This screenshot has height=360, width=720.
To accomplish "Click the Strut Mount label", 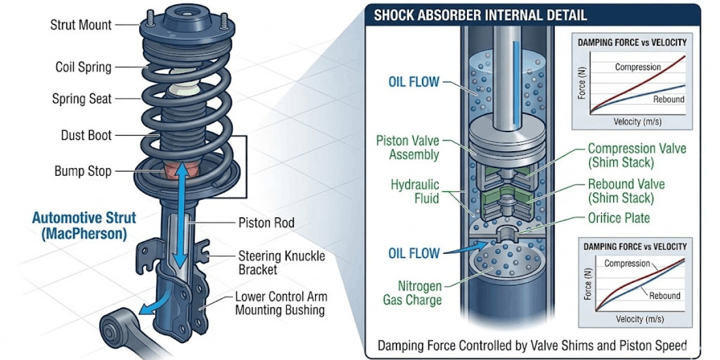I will point(81,25).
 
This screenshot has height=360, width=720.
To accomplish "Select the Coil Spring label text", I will point(83,67).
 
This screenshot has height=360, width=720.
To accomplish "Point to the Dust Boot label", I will point(86,136).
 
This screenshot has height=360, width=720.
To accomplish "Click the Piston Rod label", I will point(267,223).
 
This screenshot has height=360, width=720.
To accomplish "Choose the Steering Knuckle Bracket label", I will point(282,263).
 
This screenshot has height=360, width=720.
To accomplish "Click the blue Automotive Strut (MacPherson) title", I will point(84,226).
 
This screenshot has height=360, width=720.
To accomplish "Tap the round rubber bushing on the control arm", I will point(112,329).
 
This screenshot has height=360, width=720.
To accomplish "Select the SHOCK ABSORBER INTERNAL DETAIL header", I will point(480,15).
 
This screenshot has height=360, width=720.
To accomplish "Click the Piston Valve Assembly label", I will point(407,148).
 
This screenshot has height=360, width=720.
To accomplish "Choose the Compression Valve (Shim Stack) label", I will point(637,155).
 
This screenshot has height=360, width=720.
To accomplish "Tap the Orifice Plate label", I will point(619,218).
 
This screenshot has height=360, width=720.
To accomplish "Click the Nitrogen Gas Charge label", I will point(412,293).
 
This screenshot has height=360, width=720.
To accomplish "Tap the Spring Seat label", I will point(82,98).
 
